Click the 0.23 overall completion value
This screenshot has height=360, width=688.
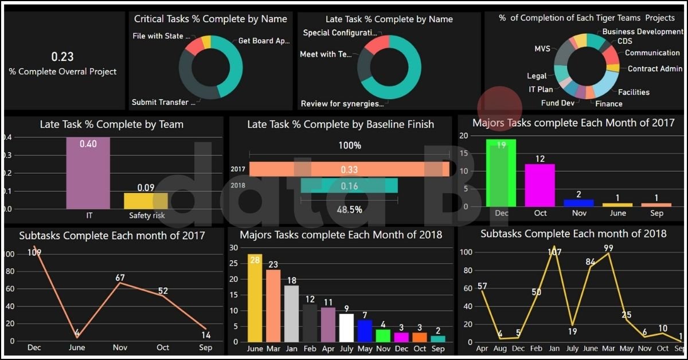[x=62, y=57]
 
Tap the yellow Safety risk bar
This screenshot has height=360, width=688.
[x=146, y=201]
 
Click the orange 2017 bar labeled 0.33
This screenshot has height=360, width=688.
[x=349, y=169]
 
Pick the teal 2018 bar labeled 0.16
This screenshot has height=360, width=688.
[x=349, y=186]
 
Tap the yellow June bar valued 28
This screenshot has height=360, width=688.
[x=255, y=298]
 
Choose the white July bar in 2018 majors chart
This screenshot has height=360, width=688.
[x=346, y=327]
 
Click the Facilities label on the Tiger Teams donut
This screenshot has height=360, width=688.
[x=634, y=92]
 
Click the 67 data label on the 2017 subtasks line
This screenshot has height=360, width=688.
[x=120, y=278]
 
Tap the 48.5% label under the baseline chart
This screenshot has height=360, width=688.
[x=349, y=210]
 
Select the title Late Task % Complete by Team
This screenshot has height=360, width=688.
[x=111, y=124]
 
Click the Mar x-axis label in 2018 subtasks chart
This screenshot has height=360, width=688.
[x=609, y=348]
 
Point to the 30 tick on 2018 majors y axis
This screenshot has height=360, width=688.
[x=233, y=248]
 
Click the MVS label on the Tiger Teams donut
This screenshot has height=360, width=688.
[x=542, y=49]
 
